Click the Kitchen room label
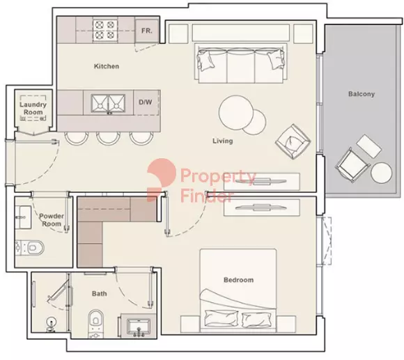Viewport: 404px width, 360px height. [x=107, y=66]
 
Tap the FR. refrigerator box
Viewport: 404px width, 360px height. [x=147, y=31]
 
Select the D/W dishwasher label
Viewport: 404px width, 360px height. [x=146, y=102]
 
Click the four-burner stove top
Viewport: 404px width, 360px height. [x=105, y=30]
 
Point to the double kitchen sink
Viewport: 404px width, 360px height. [x=108, y=103]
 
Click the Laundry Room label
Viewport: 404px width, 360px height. [x=33, y=109]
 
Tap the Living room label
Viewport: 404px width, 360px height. [x=223, y=141]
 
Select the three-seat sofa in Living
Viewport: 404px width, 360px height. [x=241, y=63]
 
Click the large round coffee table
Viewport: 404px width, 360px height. [x=235, y=112]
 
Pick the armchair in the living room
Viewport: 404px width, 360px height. [x=293, y=141]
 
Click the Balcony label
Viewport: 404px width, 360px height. [x=362, y=94]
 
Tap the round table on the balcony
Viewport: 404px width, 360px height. [x=381, y=173]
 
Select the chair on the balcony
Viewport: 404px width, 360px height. [x=352, y=164]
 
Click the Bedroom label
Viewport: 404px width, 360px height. [x=238, y=280]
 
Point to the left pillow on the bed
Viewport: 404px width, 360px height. [x=221, y=318]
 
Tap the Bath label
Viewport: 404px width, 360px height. [x=99, y=294]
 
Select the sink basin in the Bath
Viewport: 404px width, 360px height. [x=139, y=327]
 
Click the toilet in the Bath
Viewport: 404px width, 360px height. [x=95, y=324]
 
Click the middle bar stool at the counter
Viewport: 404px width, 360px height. [x=108, y=139]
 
